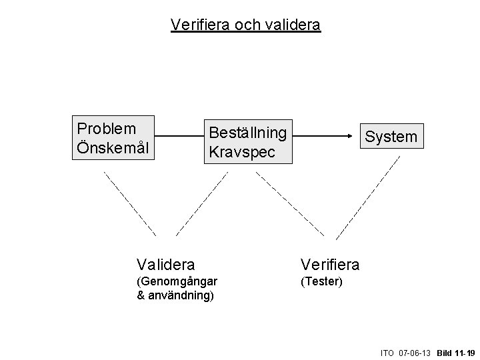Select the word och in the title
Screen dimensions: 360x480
tap(247, 25)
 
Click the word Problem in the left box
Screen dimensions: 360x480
tap(107, 128)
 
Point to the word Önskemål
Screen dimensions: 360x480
tap(113, 146)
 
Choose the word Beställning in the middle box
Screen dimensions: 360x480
tap(248, 133)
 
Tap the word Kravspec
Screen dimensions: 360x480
tap(241, 151)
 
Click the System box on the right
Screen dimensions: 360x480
tap(391, 137)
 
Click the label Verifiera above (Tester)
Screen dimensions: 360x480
tap(330, 265)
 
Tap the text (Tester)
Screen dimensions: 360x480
tap(321, 281)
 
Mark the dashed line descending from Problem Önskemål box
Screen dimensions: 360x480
tap(130, 203)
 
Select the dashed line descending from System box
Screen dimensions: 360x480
tap(368, 197)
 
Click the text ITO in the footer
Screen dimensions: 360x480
tap(387, 351)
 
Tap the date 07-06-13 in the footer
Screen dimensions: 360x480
tap(415, 351)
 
